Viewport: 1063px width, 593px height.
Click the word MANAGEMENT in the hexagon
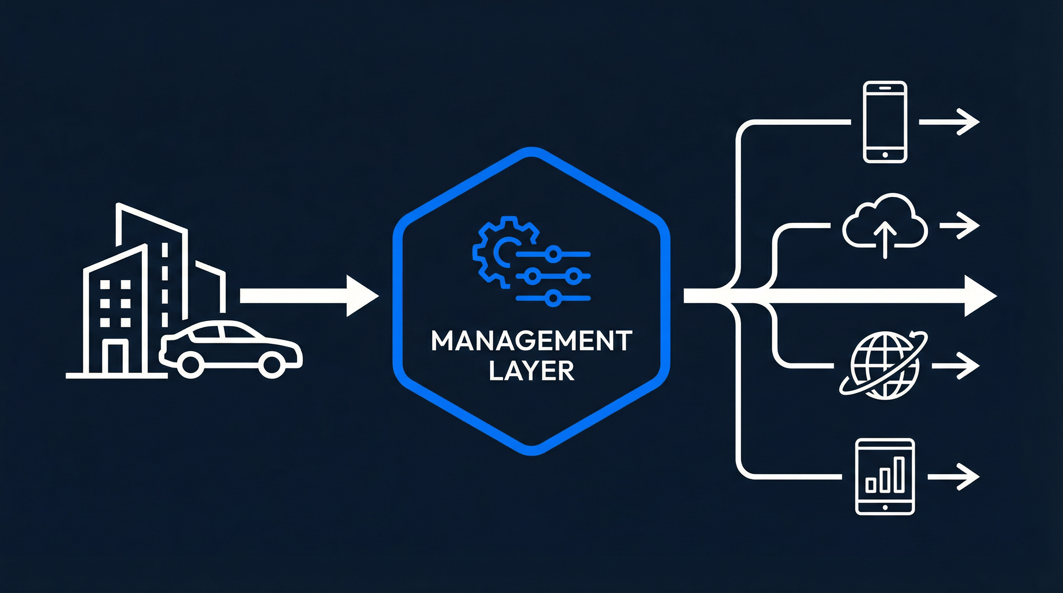pyautogui.click(x=531, y=341)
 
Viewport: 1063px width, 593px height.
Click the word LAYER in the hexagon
pyautogui.click(x=531, y=371)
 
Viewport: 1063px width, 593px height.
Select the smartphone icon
pyautogui.click(x=885, y=122)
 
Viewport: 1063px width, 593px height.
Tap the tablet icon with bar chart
pyautogui.click(x=885, y=477)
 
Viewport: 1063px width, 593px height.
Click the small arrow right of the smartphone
pyautogui.click(x=949, y=122)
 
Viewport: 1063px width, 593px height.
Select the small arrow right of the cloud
pyautogui.click(x=960, y=225)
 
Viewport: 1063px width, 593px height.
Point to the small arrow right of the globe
pyautogui.click(x=956, y=366)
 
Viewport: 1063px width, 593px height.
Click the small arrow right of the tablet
pyautogui.click(x=953, y=477)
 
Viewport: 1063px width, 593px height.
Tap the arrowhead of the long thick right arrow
pyautogui.click(x=980, y=296)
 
